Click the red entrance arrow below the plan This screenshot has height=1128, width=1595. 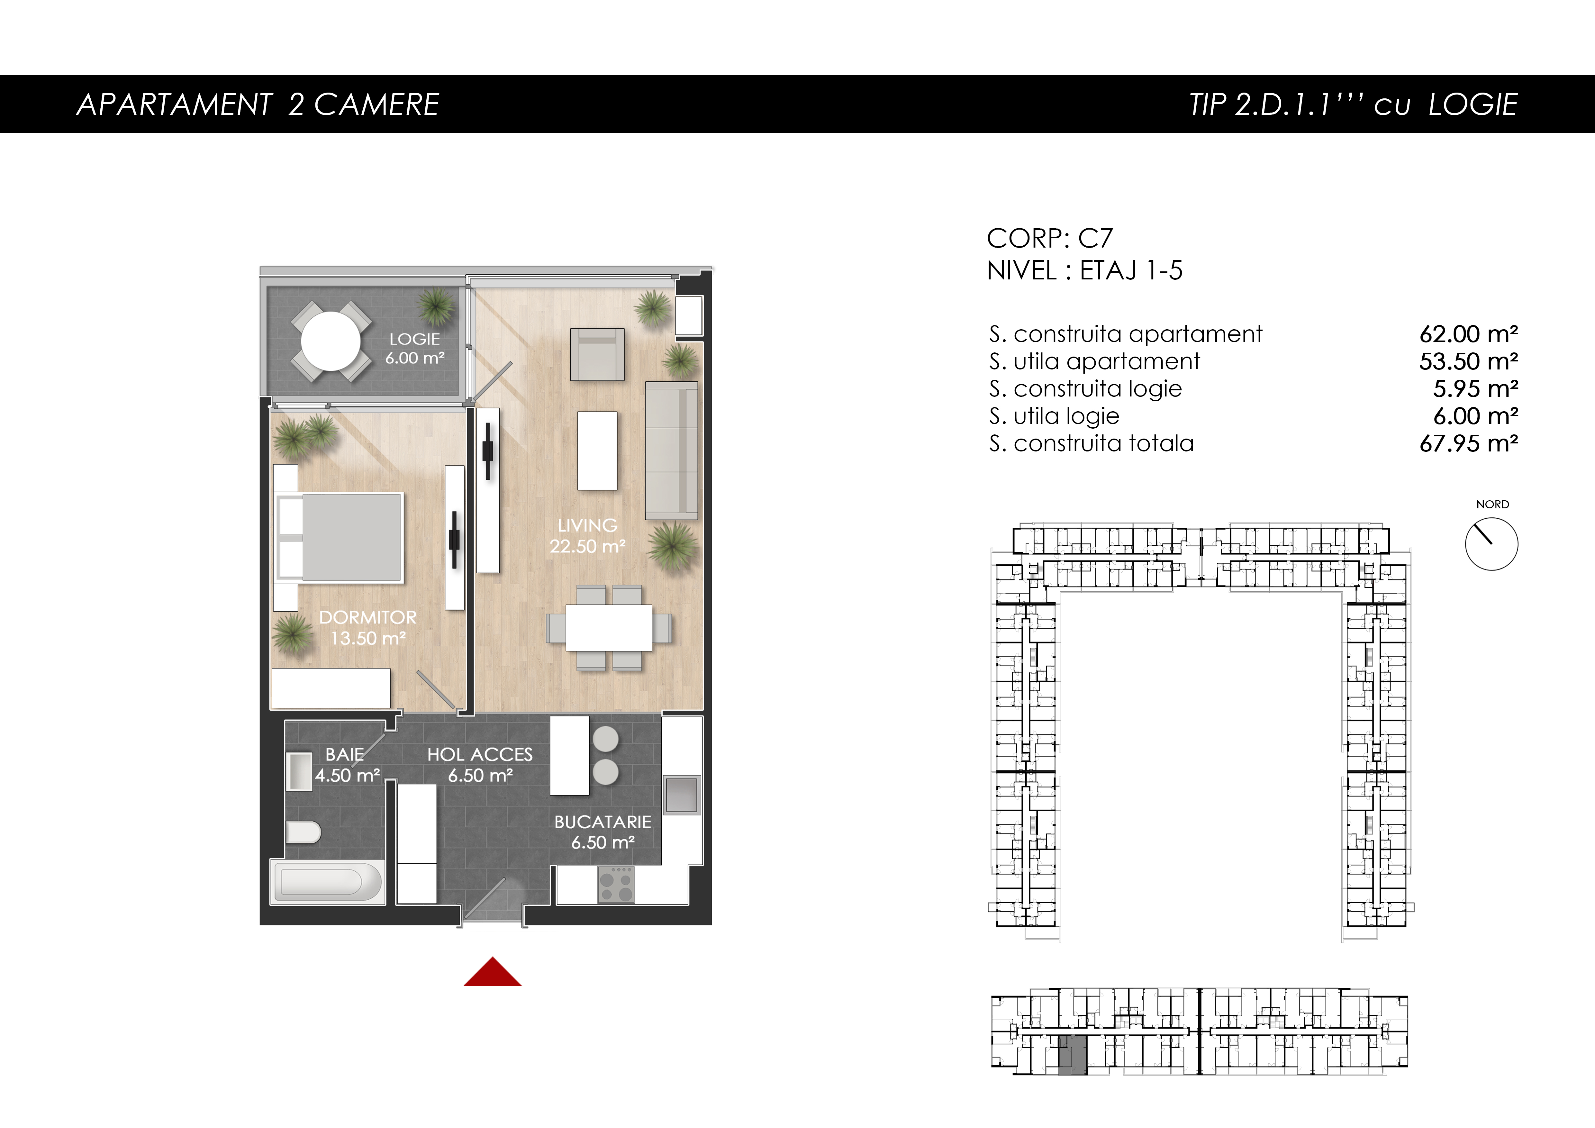493,972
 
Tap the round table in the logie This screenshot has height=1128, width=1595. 331,341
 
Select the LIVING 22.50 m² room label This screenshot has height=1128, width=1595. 588,535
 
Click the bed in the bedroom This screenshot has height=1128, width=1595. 340,537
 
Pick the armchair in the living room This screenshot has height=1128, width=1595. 597,354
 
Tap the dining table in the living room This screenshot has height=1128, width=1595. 609,627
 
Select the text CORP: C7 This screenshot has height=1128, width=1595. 1050,238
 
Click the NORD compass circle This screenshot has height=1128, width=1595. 1491,544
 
